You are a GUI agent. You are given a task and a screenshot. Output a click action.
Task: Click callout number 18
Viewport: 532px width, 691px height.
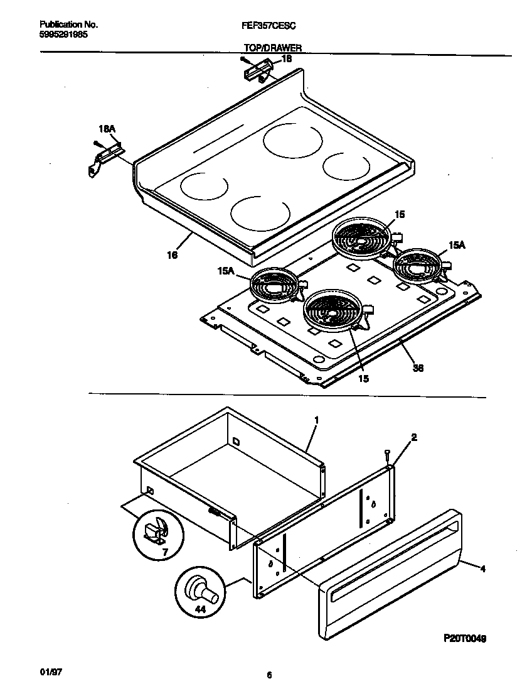click(286, 58)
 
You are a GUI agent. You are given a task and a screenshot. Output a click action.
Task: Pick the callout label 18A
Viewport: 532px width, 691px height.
click(107, 129)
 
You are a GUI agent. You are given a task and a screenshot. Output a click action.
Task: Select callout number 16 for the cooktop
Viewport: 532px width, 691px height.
click(172, 255)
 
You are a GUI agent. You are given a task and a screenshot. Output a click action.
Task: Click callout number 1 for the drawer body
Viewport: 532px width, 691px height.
click(316, 420)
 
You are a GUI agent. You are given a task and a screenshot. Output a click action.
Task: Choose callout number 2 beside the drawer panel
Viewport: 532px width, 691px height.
click(413, 436)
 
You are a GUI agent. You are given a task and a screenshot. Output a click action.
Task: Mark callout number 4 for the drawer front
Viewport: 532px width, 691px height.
click(482, 569)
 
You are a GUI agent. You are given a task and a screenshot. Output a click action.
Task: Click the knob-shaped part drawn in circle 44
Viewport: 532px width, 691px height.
click(200, 590)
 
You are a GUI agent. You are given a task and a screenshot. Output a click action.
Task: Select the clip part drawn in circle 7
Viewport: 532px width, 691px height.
click(154, 533)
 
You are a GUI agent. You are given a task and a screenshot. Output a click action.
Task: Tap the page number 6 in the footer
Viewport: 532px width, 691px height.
click(269, 676)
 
